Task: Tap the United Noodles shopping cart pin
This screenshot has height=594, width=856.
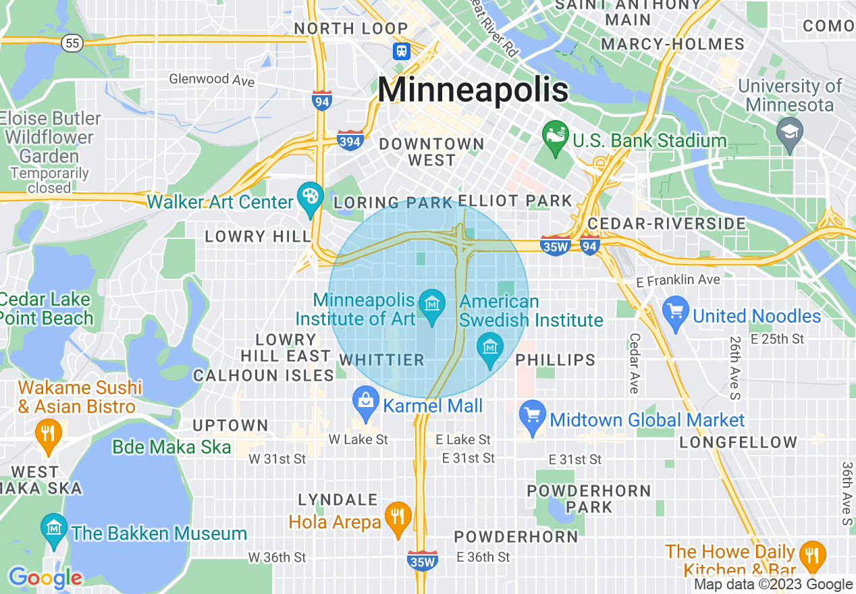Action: pos(676,314)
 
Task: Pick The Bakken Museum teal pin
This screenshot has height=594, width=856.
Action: pos(53,531)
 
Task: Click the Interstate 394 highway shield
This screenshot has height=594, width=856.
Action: pos(350,140)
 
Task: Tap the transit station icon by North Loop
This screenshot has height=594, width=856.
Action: pos(402,51)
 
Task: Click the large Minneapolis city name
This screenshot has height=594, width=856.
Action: pos(473,90)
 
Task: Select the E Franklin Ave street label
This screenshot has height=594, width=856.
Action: pos(678,279)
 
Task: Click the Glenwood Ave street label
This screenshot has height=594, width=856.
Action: pos(211,80)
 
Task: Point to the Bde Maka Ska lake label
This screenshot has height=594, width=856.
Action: pos(171,447)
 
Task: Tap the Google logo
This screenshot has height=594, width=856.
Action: pos(45,578)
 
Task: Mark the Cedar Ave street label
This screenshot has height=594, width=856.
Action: pos(634,363)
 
